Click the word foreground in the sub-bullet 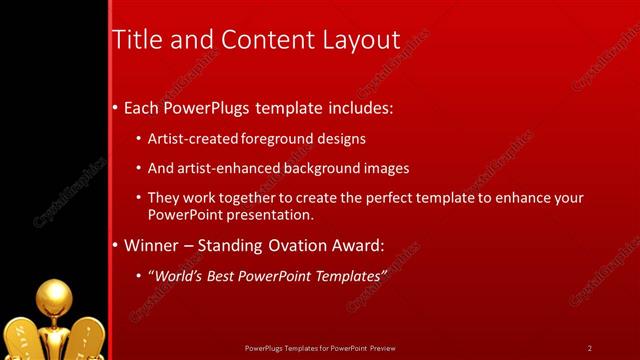pyautogui.click(x=273, y=139)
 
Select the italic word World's pyautogui.click(x=177, y=275)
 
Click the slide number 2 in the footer pyautogui.click(x=590, y=348)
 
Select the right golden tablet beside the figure pyautogui.click(x=87, y=338)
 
